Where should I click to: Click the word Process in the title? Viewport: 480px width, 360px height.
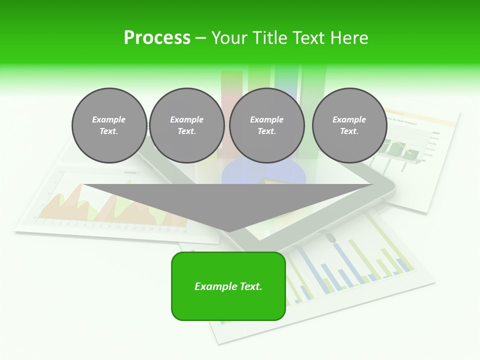pyautogui.click(x=157, y=37)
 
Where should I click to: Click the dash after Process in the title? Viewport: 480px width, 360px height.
pyautogui.click(x=200, y=38)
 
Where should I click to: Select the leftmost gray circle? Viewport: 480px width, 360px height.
pyautogui.click(x=109, y=125)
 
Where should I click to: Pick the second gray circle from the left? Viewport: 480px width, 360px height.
pyautogui.click(x=187, y=125)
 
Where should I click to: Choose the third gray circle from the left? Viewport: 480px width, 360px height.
pyautogui.click(x=267, y=125)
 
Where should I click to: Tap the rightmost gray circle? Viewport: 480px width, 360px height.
pyautogui.click(x=349, y=125)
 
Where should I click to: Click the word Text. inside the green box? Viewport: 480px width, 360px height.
pyautogui.click(x=250, y=286)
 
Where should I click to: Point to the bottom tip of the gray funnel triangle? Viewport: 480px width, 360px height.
pyautogui.click(x=228, y=231)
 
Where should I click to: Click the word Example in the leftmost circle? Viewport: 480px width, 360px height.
pyautogui.click(x=109, y=119)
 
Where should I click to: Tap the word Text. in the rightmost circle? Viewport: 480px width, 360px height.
pyautogui.click(x=349, y=131)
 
